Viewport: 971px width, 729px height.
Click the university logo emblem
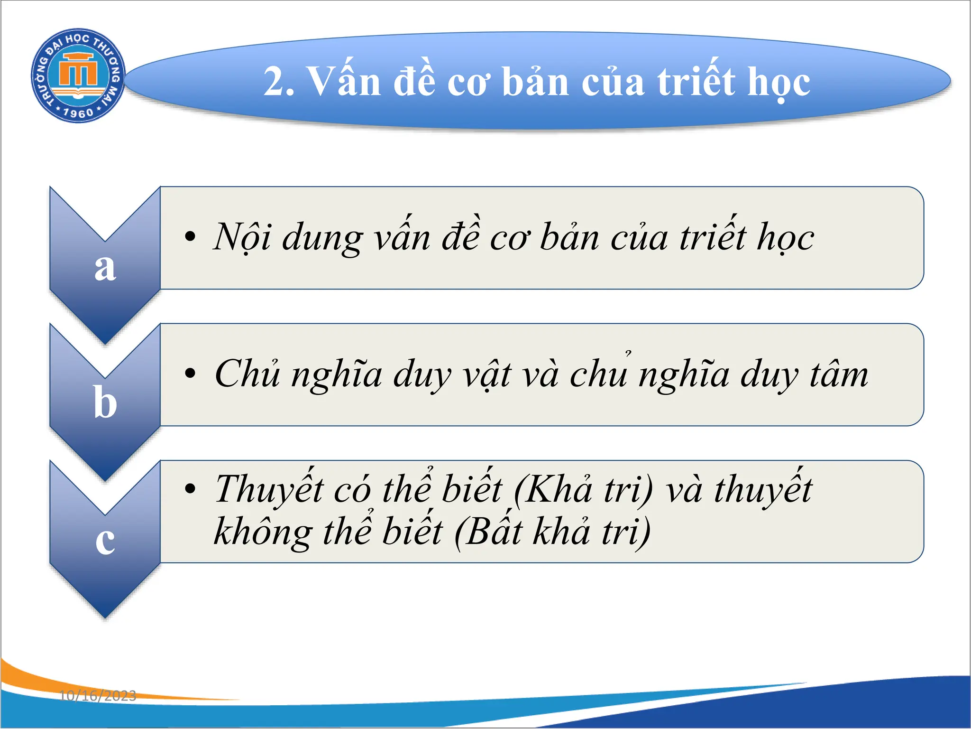click(x=78, y=75)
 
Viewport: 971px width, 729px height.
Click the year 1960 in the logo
click(x=78, y=113)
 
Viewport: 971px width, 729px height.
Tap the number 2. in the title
click(x=280, y=82)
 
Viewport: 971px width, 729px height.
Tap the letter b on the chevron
click(x=105, y=402)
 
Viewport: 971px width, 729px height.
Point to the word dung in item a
click(x=322, y=237)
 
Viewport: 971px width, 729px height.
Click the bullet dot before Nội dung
click(x=190, y=236)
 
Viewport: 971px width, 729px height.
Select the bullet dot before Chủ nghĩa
click(x=190, y=373)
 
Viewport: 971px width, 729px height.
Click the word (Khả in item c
click(x=553, y=489)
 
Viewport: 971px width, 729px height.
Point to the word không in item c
click(x=263, y=532)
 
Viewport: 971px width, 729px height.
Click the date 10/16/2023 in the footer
click(x=98, y=696)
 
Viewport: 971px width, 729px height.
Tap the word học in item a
click(x=785, y=237)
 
